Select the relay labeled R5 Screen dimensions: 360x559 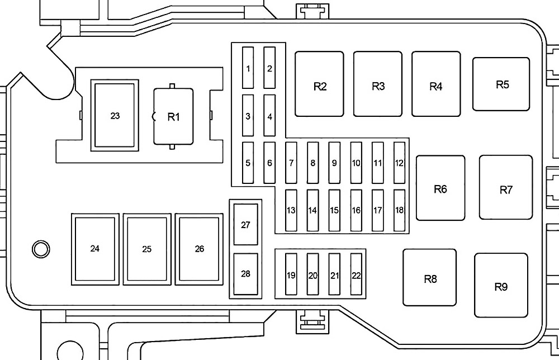point(501,84)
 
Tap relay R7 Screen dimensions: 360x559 point(506,190)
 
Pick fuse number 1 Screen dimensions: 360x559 point(248,68)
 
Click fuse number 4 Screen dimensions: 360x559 point(270,116)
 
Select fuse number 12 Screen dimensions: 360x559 point(399,163)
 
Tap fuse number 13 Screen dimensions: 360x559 point(291,210)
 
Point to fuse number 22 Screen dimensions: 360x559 point(356,274)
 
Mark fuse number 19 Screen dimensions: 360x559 point(291,274)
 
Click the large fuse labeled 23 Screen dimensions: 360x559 point(115,116)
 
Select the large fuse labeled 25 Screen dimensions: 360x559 point(146,248)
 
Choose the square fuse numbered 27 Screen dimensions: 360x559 point(245,224)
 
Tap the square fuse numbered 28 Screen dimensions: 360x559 point(245,274)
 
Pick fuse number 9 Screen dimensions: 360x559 point(334,163)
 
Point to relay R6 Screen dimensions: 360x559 point(440,189)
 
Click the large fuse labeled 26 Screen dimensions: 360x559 point(199,248)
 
